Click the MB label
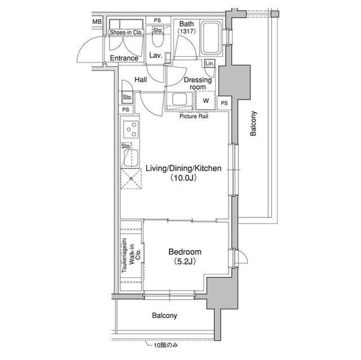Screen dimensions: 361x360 pyautogui.click(x=97, y=21)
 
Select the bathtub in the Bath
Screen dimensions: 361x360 pyautogui.click(x=210, y=38)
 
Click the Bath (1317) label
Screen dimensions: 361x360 pyautogui.click(x=187, y=27)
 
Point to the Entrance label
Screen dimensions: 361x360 pyautogui.click(x=124, y=58)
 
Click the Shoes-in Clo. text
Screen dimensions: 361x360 pyautogui.click(x=126, y=33)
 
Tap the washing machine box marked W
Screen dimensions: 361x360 pyautogui.click(x=206, y=100)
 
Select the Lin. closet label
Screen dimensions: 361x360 pyautogui.click(x=210, y=63)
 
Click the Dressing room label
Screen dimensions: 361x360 pyautogui.click(x=198, y=83)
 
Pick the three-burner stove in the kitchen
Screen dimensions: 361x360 pyautogui.click(x=131, y=130)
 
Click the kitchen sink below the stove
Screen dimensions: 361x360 pyautogui.click(x=131, y=158)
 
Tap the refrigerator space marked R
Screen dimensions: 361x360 pyautogui.click(x=131, y=179)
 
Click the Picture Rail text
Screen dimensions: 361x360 pyautogui.click(x=194, y=116)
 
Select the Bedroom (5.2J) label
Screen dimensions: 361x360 pyautogui.click(x=185, y=256)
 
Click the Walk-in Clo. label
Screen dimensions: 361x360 pyautogui.click(x=135, y=255)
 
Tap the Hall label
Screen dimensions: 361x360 pyautogui.click(x=140, y=80)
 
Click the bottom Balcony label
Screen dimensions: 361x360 pyautogui.click(x=164, y=315)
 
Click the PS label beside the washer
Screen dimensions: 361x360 pyautogui.click(x=224, y=103)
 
